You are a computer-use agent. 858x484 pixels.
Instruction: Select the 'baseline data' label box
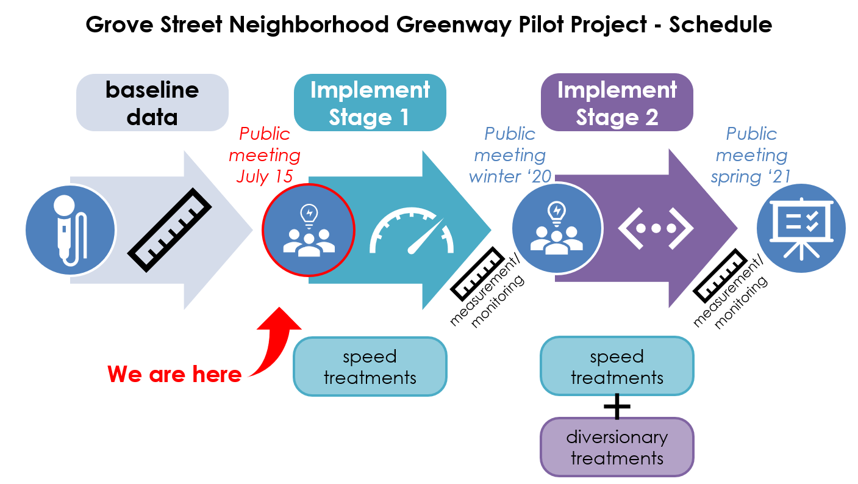(152, 103)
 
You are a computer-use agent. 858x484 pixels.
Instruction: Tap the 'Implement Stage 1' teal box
(370, 103)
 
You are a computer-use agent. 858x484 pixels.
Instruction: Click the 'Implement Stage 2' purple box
(617, 103)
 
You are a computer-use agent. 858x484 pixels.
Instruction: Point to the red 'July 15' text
(264, 176)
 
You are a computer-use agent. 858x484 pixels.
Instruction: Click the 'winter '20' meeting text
(510, 176)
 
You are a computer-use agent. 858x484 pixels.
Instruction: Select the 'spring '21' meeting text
(751, 176)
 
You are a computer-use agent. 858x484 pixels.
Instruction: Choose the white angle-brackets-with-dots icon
(656, 229)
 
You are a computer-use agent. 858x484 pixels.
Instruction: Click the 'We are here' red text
(174, 374)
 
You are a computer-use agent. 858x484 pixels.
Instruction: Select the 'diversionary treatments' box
(617, 447)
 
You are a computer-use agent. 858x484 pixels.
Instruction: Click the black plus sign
(617, 406)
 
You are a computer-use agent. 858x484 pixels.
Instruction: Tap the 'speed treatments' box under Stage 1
(370, 366)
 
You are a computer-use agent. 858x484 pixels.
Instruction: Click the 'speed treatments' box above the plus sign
(617, 366)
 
